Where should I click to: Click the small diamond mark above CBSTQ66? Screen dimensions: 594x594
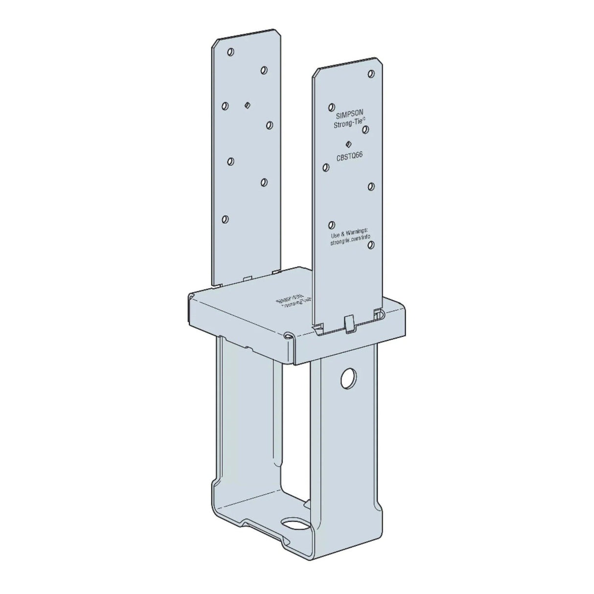tap(348, 144)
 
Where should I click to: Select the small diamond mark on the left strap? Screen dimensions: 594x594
tap(248, 105)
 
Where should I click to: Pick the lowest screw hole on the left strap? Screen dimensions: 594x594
tap(226, 219)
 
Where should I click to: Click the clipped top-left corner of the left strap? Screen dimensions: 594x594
tap(214, 45)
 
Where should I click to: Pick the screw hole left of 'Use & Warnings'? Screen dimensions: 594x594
tap(332, 225)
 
